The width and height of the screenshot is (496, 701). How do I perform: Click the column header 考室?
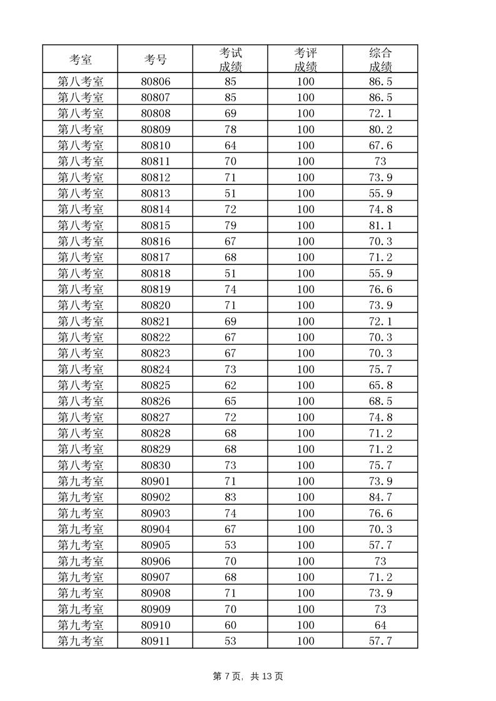(x=80, y=59)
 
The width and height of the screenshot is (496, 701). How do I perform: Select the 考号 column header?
(x=155, y=59)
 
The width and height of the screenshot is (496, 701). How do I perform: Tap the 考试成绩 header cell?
(x=230, y=59)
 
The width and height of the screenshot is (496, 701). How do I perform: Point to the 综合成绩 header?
(x=380, y=59)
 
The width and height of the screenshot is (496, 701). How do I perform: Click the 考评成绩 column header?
(x=305, y=59)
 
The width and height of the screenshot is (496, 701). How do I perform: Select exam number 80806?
(x=155, y=82)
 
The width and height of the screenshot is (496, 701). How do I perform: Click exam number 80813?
(x=155, y=194)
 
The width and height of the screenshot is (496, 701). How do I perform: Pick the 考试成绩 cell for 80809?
(x=230, y=130)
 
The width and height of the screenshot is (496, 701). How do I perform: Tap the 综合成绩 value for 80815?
(x=380, y=226)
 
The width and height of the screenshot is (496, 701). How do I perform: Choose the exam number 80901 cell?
(x=155, y=481)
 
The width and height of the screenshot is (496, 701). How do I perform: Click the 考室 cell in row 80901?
(x=80, y=481)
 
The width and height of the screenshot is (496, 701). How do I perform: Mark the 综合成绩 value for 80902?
(x=380, y=497)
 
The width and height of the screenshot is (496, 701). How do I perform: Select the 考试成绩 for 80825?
(x=230, y=385)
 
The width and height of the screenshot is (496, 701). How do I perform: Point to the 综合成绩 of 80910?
(x=380, y=625)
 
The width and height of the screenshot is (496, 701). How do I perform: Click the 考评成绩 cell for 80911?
(x=305, y=641)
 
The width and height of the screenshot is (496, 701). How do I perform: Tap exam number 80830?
(x=155, y=465)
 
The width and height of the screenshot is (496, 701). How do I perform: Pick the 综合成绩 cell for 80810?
(x=380, y=146)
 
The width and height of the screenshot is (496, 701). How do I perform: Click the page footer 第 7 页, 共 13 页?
(x=248, y=676)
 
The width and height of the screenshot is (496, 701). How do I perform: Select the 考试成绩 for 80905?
(x=230, y=545)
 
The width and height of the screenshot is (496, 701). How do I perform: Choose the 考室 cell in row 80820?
(x=80, y=306)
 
